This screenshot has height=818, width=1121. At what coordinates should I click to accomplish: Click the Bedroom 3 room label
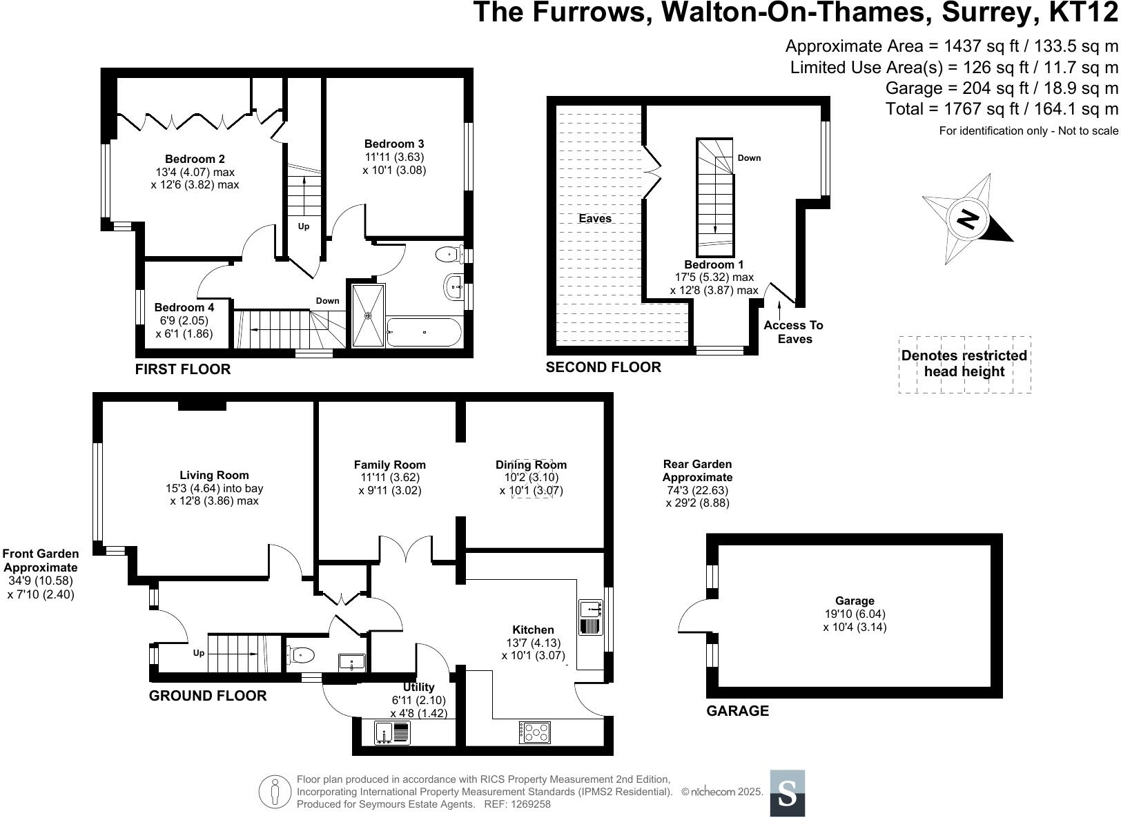[394, 144]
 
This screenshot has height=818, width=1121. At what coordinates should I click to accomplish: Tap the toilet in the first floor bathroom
[449, 254]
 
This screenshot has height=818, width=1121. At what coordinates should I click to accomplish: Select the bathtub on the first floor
[424, 332]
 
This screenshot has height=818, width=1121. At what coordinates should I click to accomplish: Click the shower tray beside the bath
[367, 315]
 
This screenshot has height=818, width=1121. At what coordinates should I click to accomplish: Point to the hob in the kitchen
[535, 732]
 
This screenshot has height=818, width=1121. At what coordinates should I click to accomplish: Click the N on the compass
[968, 220]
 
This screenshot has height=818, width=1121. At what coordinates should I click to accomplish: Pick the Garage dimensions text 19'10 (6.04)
[855, 614]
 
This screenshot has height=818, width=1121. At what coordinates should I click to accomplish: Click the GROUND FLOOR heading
[208, 696]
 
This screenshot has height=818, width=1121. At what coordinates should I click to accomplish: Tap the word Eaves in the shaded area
[595, 218]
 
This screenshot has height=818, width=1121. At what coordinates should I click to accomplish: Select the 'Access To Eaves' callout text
[794, 332]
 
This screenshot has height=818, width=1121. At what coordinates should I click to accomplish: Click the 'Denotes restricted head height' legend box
[964, 364]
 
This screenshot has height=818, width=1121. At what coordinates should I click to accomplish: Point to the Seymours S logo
[787, 793]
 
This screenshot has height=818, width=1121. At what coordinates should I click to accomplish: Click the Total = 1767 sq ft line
[1002, 108]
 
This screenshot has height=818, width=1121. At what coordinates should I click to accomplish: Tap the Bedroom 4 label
[184, 307]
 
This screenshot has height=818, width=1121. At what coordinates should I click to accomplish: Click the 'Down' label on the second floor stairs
[749, 158]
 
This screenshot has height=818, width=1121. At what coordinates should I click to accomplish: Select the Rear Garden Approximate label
[697, 471]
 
